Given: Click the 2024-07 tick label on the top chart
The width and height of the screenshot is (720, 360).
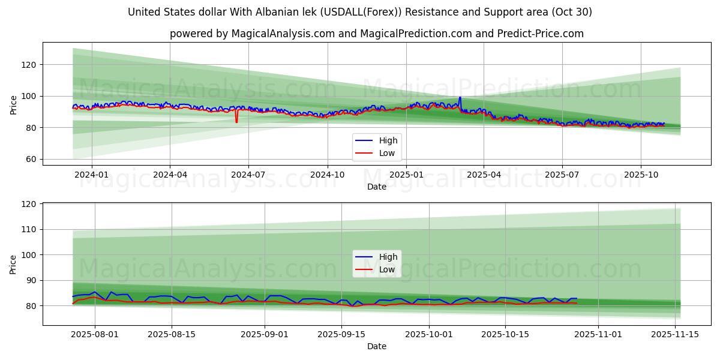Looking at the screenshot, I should (248, 175).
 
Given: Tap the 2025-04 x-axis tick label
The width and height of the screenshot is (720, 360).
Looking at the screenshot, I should (484, 175).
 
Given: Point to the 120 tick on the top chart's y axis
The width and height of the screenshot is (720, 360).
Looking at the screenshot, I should (29, 65).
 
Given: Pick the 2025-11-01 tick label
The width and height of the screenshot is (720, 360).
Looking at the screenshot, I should (598, 334).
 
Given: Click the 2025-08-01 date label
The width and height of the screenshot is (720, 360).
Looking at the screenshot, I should (95, 334).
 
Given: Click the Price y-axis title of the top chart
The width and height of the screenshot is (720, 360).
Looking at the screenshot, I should (13, 104).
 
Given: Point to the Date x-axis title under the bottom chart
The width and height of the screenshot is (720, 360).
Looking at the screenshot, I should (377, 346).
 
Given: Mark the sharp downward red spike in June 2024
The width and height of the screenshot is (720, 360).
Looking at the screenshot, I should (236, 122).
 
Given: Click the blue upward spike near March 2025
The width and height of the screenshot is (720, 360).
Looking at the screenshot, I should (460, 98).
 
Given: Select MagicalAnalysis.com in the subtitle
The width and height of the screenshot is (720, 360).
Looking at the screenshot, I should (284, 34).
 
